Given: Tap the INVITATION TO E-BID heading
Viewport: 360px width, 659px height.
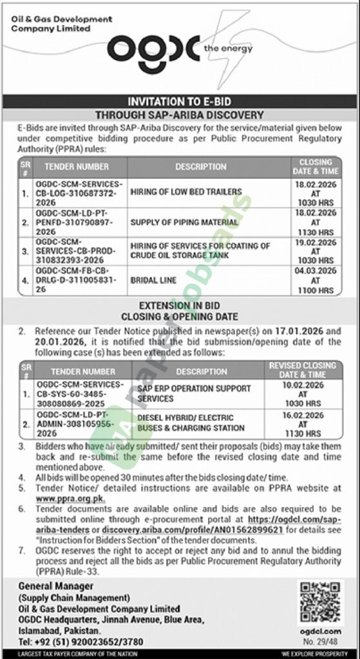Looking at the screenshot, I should pyautogui.click(x=180, y=102).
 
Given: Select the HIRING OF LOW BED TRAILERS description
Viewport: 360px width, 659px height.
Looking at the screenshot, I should pyautogui.click(x=186, y=191).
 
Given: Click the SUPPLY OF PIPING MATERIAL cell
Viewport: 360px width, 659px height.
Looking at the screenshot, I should pyautogui.click(x=184, y=222).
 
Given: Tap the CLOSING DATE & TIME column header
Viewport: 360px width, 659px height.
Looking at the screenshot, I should pyautogui.click(x=316, y=166).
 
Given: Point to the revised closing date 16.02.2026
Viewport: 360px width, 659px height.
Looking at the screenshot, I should pyautogui.click(x=301, y=417).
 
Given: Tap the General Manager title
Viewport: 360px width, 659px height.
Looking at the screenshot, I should pyautogui.click(x=56, y=586).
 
